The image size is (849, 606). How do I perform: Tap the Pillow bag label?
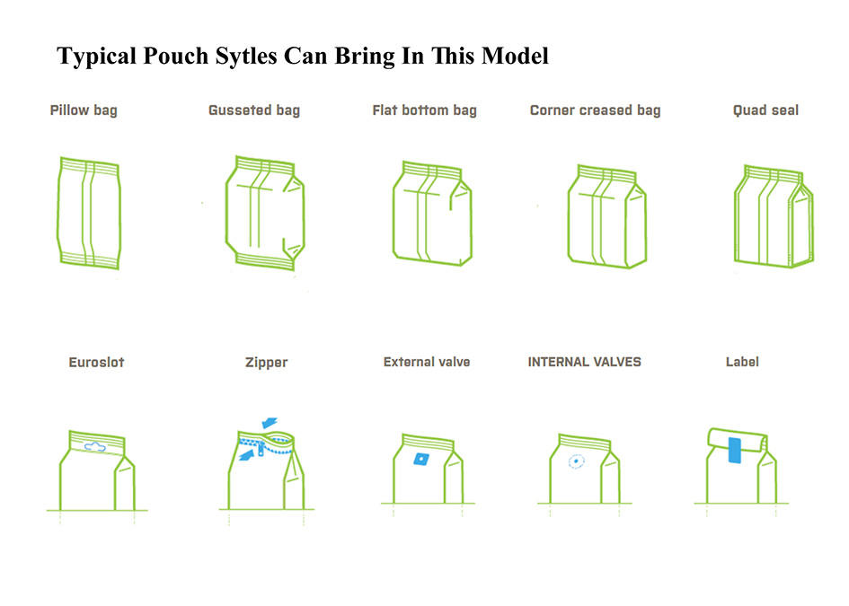84,110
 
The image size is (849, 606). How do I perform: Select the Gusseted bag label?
254,110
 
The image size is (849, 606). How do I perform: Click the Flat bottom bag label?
424,110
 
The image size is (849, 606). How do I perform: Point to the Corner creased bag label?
595,110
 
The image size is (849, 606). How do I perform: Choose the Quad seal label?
765,110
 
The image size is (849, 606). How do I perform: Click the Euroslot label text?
96,362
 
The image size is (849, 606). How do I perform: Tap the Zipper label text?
267,363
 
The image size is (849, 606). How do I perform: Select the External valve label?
427,362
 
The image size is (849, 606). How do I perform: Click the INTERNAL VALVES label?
584,362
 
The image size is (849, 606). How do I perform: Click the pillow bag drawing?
89,213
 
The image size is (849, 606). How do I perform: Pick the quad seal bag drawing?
774,216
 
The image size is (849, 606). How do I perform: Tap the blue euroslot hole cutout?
95,447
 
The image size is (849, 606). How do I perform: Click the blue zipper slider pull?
261,449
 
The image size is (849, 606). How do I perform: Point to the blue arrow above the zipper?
270,422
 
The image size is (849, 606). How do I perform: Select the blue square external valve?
421,460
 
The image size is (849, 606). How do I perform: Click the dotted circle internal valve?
576,461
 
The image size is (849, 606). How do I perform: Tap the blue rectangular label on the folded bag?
735,450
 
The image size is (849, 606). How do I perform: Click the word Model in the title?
515,57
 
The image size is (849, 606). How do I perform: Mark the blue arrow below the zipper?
247,455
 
